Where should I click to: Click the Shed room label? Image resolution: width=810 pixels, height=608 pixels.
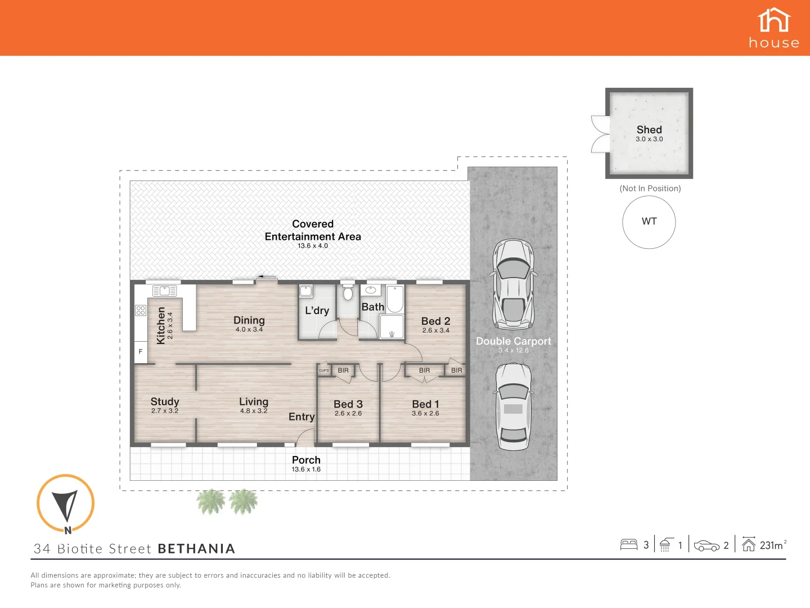[x=649, y=129]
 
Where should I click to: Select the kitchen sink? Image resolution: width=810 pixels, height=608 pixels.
[x=165, y=291]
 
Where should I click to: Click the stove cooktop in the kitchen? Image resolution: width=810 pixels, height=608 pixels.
[x=141, y=310]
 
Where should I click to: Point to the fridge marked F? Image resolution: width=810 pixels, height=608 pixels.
[x=141, y=352]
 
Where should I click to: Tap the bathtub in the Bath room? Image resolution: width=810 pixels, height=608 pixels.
[x=395, y=299]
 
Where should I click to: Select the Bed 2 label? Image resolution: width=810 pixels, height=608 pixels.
[x=436, y=321]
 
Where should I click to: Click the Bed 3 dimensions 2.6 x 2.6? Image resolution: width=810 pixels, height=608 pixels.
[x=348, y=413]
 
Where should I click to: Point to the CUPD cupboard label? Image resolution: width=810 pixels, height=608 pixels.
[x=324, y=370]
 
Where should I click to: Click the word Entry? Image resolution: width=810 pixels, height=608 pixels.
[x=301, y=417]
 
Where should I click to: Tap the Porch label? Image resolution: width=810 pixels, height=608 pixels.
[x=307, y=460]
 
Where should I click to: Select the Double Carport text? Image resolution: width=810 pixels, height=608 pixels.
[x=514, y=341]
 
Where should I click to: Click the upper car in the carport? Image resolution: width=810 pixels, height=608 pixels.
[x=514, y=284]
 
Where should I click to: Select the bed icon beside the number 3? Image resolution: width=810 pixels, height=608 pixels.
[x=629, y=545]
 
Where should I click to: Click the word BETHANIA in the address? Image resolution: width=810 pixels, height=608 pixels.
[x=197, y=549]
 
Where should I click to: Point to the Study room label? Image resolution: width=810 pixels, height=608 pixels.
[x=165, y=401]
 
